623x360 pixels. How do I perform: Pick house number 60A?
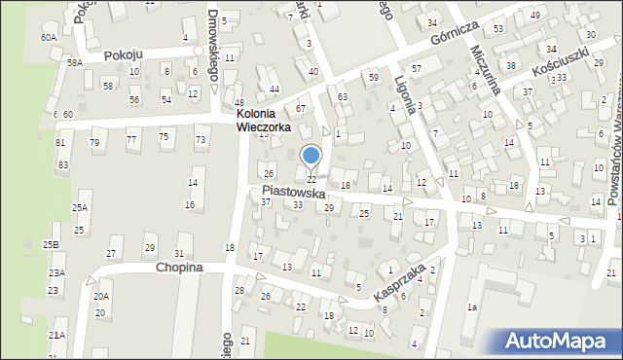[49, 37]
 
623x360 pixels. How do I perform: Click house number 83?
[62, 165]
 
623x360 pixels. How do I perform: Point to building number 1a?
[472, 307]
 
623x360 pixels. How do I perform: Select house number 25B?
[51, 243]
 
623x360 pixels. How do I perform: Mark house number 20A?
[101, 296]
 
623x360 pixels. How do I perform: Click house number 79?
[94, 143]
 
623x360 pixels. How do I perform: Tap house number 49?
[535, 16]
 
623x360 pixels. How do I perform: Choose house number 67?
[301, 108]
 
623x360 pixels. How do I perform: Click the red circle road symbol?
[199, 50]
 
